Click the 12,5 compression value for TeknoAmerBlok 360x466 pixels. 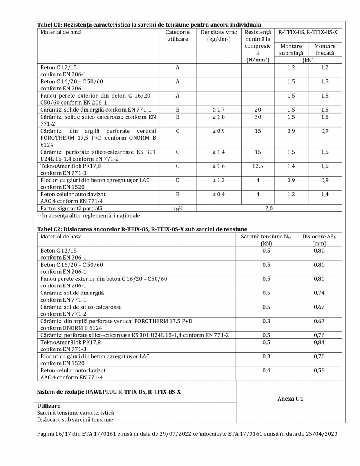coord(257,166)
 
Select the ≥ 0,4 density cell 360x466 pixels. coord(218,194)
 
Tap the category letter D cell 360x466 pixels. coord(177,180)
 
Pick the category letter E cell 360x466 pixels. coord(177,194)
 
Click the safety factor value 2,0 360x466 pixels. coord(269,208)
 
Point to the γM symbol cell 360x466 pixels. coord(177,208)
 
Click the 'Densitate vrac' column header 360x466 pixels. coord(219,36)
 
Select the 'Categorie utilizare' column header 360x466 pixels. coord(177,36)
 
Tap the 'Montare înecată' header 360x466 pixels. coord(325,50)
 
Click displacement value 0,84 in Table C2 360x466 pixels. coord(319,342)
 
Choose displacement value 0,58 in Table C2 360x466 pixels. coord(319,370)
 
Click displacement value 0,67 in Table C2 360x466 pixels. coord(319,307)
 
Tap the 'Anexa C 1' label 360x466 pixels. coord(290,399)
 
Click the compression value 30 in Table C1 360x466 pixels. coord(257,116)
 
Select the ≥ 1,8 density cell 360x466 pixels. coord(218,116)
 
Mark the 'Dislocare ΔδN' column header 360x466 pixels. coord(319,240)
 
